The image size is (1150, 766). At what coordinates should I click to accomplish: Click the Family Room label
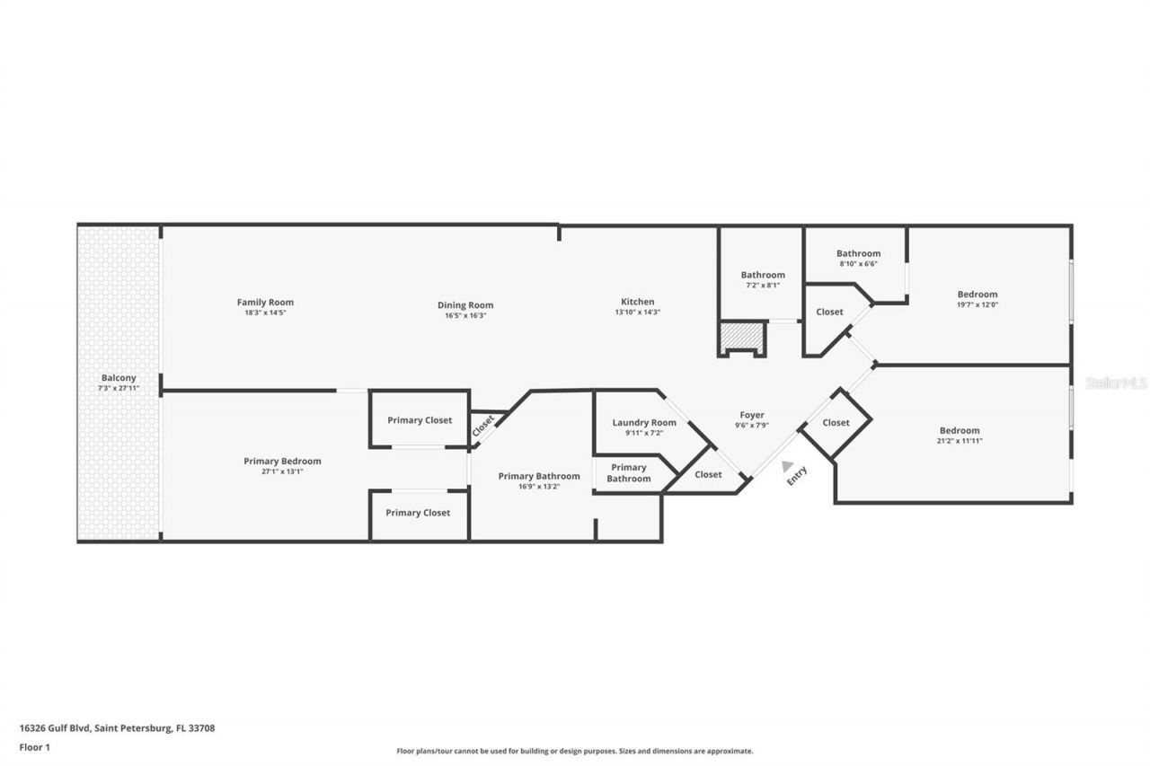(265, 303)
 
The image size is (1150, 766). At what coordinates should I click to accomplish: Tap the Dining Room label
(465, 305)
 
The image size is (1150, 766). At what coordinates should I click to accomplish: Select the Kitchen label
(638, 302)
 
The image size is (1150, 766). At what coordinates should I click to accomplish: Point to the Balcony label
(118, 378)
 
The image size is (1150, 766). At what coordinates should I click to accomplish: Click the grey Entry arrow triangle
(787, 465)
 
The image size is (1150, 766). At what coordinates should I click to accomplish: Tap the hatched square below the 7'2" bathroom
(741, 339)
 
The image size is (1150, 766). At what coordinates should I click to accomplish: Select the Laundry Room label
(644, 423)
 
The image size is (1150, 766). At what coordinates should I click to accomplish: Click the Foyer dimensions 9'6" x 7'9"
(751, 426)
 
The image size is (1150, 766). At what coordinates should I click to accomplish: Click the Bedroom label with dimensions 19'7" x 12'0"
(977, 295)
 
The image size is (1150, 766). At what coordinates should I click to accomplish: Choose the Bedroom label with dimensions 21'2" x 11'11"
(960, 430)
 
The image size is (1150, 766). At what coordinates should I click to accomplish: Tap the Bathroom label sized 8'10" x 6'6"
(858, 253)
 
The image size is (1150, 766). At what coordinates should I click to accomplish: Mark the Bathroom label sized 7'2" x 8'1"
(763, 275)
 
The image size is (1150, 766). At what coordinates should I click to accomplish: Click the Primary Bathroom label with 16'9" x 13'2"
(539, 476)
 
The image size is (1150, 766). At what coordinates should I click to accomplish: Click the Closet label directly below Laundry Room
(708, 474)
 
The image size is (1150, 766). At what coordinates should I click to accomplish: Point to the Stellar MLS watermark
(1116, 383)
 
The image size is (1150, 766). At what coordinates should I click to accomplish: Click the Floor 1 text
(35, 746)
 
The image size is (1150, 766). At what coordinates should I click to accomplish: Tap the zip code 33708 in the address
(202, 728)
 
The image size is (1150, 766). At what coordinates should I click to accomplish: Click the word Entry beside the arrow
(797, 475)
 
